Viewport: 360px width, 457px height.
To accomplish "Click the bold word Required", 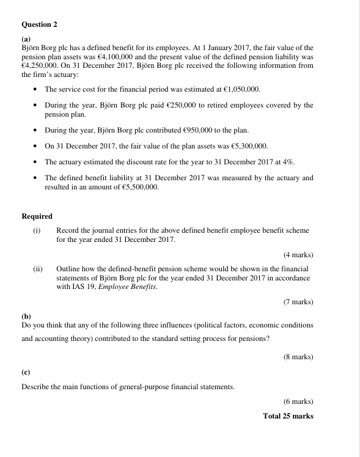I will coord(37,216).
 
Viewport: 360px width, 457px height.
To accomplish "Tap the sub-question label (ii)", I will coord(38,269).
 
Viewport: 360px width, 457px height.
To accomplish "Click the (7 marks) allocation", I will coord(298,302).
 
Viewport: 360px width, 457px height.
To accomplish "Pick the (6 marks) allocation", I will coord(298,402).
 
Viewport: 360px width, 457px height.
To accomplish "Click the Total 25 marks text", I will coord(288,416).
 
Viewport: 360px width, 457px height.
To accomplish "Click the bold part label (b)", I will coord(26,316).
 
